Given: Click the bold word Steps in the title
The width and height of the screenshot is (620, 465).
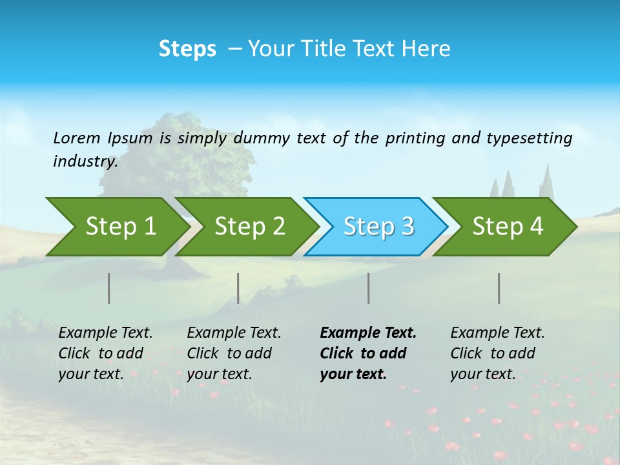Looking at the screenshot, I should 187,49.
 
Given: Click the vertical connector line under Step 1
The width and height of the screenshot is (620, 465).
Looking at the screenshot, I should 109,288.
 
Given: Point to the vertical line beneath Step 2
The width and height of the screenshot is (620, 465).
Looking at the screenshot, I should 238,288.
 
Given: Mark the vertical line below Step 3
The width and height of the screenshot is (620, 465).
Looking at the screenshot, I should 369,288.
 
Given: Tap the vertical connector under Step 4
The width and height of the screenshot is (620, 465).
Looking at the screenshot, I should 499,288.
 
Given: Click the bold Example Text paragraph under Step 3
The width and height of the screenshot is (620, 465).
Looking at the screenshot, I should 368,353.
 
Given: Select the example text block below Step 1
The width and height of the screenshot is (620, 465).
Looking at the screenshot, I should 105,353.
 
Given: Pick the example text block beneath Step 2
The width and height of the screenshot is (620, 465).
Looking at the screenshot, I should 234,353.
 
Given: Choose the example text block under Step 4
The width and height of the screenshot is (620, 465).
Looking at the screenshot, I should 497,353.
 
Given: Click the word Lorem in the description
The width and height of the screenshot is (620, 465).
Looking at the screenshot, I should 76,138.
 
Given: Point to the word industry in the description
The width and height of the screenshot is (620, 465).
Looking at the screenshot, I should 85,161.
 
